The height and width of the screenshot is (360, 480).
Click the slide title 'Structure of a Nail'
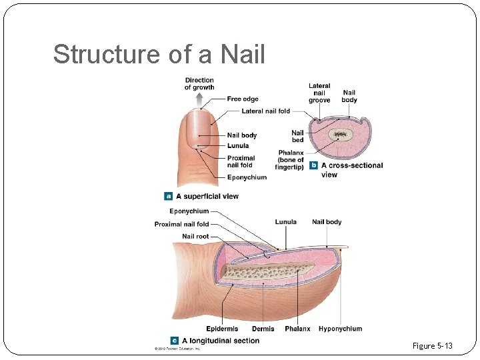click(159, 54)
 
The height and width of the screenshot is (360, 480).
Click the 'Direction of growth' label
click(199, 84)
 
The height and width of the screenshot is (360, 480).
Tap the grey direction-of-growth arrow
click(199, 100)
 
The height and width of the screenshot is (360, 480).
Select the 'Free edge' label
click(243, 99)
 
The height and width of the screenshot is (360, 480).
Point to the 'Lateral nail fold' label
click(266, 111)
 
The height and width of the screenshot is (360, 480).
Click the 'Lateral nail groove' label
click(319, 93)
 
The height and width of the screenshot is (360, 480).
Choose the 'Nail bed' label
click(297, 136)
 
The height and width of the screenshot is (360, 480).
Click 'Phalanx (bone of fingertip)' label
click(291, 160)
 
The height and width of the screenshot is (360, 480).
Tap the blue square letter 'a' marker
click(169, 196)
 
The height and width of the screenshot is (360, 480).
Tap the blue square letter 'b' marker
click(313, 165)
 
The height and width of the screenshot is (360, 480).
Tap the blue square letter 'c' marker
click(175, 341)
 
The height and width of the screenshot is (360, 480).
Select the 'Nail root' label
click(195, 237)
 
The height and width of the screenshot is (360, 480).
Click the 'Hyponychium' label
click(340, 329)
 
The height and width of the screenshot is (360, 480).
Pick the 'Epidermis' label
click(223, 329)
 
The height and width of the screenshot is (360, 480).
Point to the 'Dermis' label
click(263, 329)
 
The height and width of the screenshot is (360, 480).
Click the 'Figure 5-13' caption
click(432, 345)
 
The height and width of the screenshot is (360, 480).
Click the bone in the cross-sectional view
click(341, 134)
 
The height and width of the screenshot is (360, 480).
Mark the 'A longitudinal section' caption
click(220, 341)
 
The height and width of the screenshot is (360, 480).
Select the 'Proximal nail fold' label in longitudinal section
click(181, 224)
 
